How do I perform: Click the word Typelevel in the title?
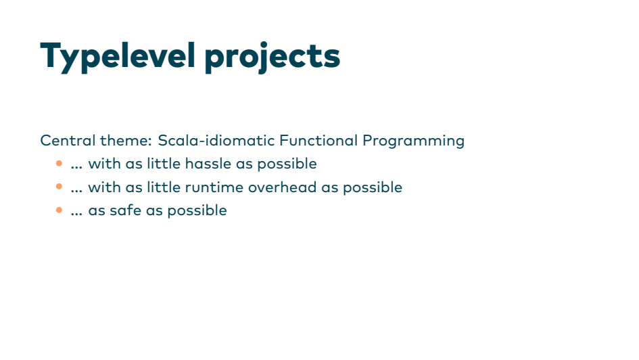click(118, 57)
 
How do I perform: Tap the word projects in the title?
click(273, 57)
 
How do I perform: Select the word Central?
click(68, 141)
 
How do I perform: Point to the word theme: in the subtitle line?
click(126, 141)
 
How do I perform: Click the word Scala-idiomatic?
click(216, 140)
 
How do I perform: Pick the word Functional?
click(318, 140)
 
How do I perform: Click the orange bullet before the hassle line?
click(59, 164)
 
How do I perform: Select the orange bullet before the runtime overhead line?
click(59, 187)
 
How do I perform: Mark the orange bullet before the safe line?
click(59, 210)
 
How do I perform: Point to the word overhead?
click(283, 187)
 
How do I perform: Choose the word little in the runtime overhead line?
click(164, 187)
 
